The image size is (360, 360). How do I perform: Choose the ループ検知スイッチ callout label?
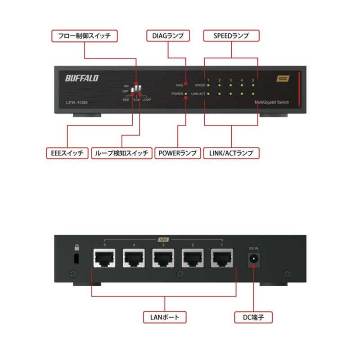point(121,153)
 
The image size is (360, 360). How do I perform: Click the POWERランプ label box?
point(177,153)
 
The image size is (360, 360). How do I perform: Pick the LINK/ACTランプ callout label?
point(231,153)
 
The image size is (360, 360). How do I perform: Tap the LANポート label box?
point(164,317)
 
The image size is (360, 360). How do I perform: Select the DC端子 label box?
point(254,317)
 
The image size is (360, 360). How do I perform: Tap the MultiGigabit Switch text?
point(272,103)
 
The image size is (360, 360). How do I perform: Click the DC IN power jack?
point(253,259)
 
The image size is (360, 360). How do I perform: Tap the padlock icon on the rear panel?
point(76,247)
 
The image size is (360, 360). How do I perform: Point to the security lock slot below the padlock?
point(76,259)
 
